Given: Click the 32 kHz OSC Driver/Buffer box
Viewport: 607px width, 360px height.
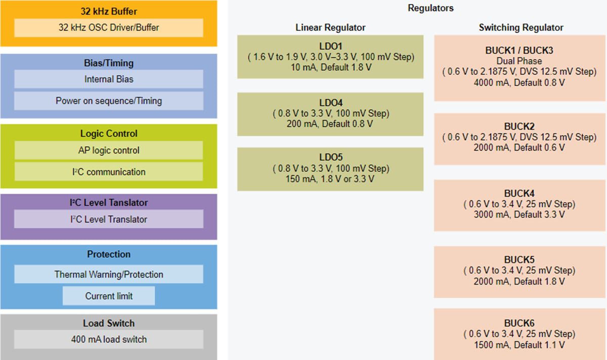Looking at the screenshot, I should [109, 28].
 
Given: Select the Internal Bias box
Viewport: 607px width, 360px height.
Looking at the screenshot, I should [109, 79].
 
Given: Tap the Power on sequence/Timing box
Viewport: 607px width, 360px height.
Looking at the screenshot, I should [109, 101].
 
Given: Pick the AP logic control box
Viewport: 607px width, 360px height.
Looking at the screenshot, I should [109, 150].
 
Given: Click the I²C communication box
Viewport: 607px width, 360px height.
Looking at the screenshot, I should [109, 172].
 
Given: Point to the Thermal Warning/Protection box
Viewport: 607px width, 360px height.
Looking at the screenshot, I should [109, 275].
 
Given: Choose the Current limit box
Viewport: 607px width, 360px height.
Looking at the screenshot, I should [109, 296].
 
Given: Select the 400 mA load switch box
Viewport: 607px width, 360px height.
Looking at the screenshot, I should [109, 339].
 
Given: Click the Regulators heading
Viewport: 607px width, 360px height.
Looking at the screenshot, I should [430, 8].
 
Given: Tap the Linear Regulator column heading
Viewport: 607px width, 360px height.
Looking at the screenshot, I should [330, 27].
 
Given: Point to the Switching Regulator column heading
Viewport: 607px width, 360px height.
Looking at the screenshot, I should [521, 27].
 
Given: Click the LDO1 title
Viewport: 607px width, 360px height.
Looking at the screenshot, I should [331, 47].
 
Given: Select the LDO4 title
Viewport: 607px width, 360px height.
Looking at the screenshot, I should [331, 103].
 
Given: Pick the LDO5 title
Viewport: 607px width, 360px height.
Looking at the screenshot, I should [331, 158].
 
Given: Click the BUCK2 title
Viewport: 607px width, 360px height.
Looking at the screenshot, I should [519, 126].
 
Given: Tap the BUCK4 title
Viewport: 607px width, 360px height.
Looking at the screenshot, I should [519, 194].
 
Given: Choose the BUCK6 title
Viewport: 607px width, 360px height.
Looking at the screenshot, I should [519, 323].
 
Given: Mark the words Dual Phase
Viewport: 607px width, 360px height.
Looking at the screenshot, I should [519, 61].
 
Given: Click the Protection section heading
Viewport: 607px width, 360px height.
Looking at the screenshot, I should [109, 254].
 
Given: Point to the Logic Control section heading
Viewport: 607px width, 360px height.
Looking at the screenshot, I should [109, 133].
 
